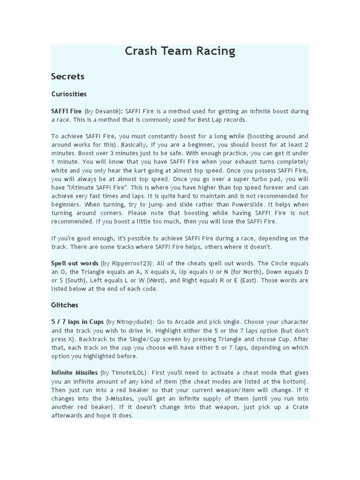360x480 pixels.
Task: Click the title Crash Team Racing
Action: pos(180,51)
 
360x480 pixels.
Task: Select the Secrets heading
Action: pos(67,76)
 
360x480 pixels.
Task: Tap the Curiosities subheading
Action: pos(69,94)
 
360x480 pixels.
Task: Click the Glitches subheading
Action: pos(65,305)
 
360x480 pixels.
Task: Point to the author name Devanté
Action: pos(106,111)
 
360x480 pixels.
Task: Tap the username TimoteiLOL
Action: pos(127,373)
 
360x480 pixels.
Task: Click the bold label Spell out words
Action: pos(75,263)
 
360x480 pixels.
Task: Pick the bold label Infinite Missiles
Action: pos(75,373)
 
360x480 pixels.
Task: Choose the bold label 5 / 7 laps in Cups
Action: pos(77,322)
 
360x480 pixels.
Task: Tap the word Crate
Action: pos(300,406)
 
